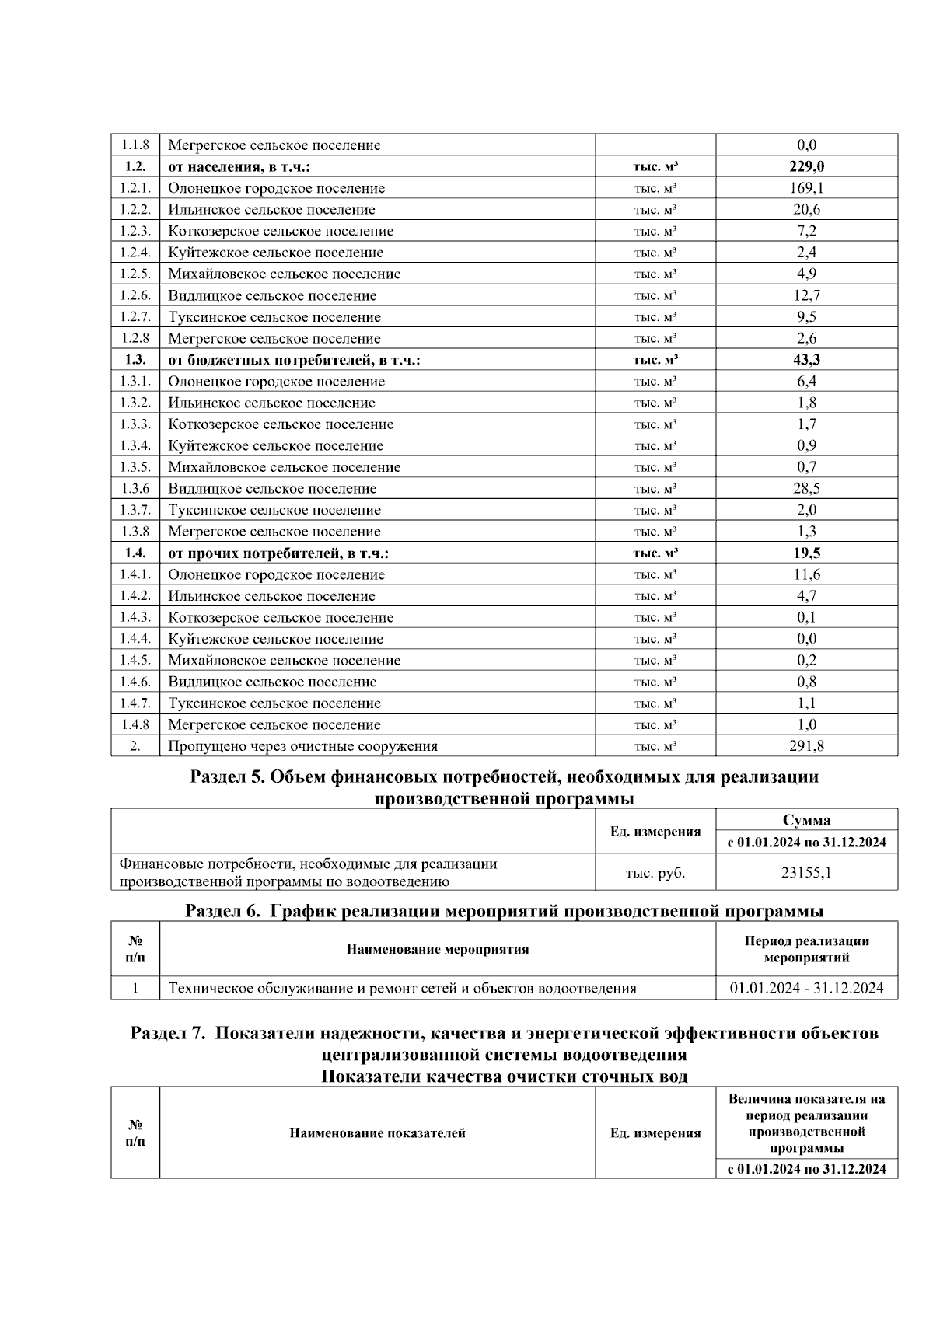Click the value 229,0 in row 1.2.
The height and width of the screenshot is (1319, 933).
click(x=806, y=166)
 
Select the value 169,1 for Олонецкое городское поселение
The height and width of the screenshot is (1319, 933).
click(x=806, y=188)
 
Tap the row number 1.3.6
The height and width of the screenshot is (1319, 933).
click(x=135, y=488)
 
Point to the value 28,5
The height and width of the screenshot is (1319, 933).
click(x=806, y=488)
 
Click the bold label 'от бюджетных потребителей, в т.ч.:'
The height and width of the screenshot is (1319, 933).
click(x=294, y=360)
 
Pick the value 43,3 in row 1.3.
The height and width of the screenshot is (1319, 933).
click(x=806, y=360)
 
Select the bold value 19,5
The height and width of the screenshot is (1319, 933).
click(x=806, y=553)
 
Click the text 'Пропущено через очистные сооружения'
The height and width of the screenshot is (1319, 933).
click(x=302, y=746)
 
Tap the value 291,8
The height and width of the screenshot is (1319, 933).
click(x=806, y=746)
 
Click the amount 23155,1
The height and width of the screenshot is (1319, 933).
click(x=806, y=872)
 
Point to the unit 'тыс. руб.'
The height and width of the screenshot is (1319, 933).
click(x=655, y=872)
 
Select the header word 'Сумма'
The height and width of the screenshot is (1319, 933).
click(x=806, y=820)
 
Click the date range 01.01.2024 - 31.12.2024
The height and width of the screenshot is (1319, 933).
click(x=806, y=988)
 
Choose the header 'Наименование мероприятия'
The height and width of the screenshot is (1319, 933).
click(x=437, y=949)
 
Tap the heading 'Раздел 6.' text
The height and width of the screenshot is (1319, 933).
click(x=222, y=911)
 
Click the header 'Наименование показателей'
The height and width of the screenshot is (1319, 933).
click(x=377, y=1132)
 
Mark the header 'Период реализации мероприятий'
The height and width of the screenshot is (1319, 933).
click(x=806, y=949)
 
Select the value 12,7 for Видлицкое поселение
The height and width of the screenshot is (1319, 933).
click(x=806, y=295)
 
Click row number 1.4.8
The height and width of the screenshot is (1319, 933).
click(x=135, y=724)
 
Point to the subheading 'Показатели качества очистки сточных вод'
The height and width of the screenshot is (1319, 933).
click(x=504, y=1076)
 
